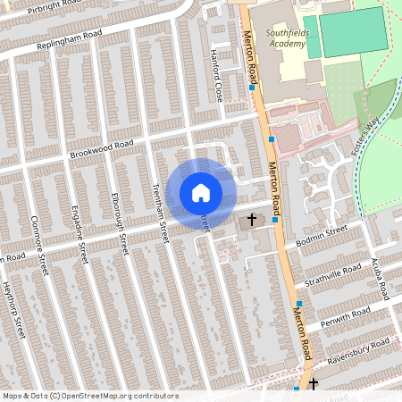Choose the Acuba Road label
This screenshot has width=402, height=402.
point(381,281)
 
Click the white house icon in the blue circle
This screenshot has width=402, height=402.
point(201,192)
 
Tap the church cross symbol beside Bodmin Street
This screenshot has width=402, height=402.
point(252,219)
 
